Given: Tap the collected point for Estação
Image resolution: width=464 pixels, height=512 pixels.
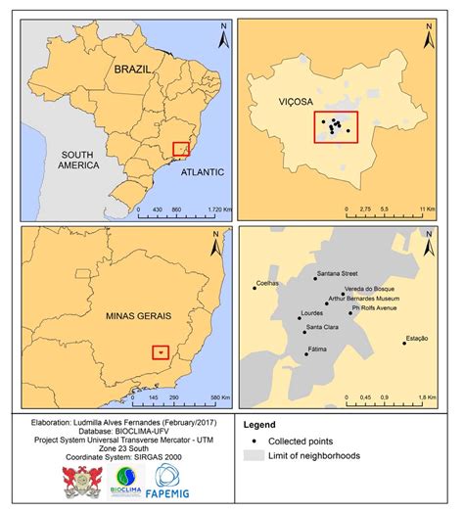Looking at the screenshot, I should [x=403, y=343].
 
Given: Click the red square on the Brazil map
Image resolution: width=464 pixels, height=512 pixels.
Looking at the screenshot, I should [x=181, y=149].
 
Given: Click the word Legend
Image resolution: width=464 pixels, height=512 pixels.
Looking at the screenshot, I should [x=261, y=425].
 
